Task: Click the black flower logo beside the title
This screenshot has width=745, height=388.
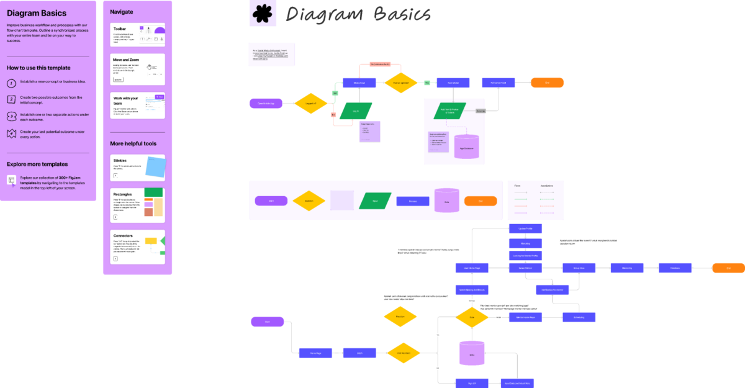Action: coord(263,14)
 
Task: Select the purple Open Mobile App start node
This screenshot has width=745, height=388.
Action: coord(266,104)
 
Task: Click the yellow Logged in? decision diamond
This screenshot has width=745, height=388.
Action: coord(310,104)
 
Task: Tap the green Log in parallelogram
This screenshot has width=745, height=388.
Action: coord(356,111)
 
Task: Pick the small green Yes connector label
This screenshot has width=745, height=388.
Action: coord(335,93)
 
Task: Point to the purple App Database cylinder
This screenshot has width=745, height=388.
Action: coord(467,147)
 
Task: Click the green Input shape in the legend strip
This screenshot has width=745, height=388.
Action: coord(374,201)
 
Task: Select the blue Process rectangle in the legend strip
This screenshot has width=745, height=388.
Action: coord(412,201)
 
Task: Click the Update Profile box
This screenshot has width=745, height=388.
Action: coord(525,228)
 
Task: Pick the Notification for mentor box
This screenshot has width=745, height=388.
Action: coord(552,289)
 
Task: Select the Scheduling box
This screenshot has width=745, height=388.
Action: coord(579,317)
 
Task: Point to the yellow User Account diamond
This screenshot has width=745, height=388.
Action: coord(403,353)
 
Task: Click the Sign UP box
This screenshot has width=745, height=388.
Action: coord(471,383)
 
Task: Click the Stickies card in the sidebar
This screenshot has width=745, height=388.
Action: coord(137,168)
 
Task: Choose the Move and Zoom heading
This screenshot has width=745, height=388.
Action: coord(126,60)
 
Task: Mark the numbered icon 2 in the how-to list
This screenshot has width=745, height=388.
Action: coord(11,99)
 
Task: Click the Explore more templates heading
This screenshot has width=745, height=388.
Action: coord(37,165)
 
